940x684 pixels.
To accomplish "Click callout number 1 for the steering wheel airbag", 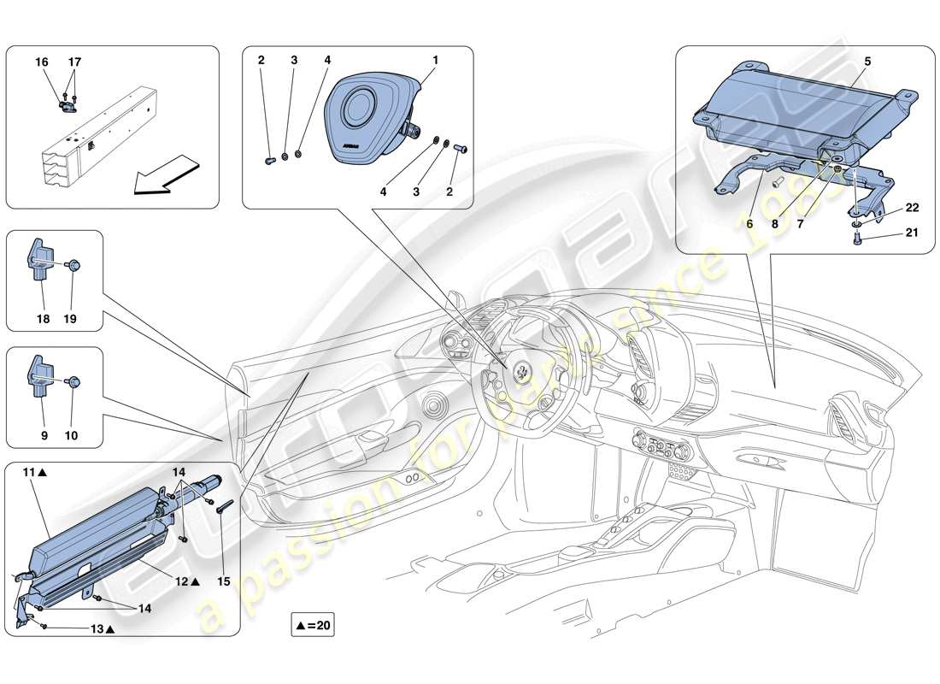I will click(x=435, y=61).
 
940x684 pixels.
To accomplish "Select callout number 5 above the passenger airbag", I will click(x=867, y=61).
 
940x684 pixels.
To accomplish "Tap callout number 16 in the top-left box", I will click(x=42, y=62).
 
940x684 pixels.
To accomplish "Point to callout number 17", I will click(x=75, y=62).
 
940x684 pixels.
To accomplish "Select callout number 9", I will click(x=42, y=435).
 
